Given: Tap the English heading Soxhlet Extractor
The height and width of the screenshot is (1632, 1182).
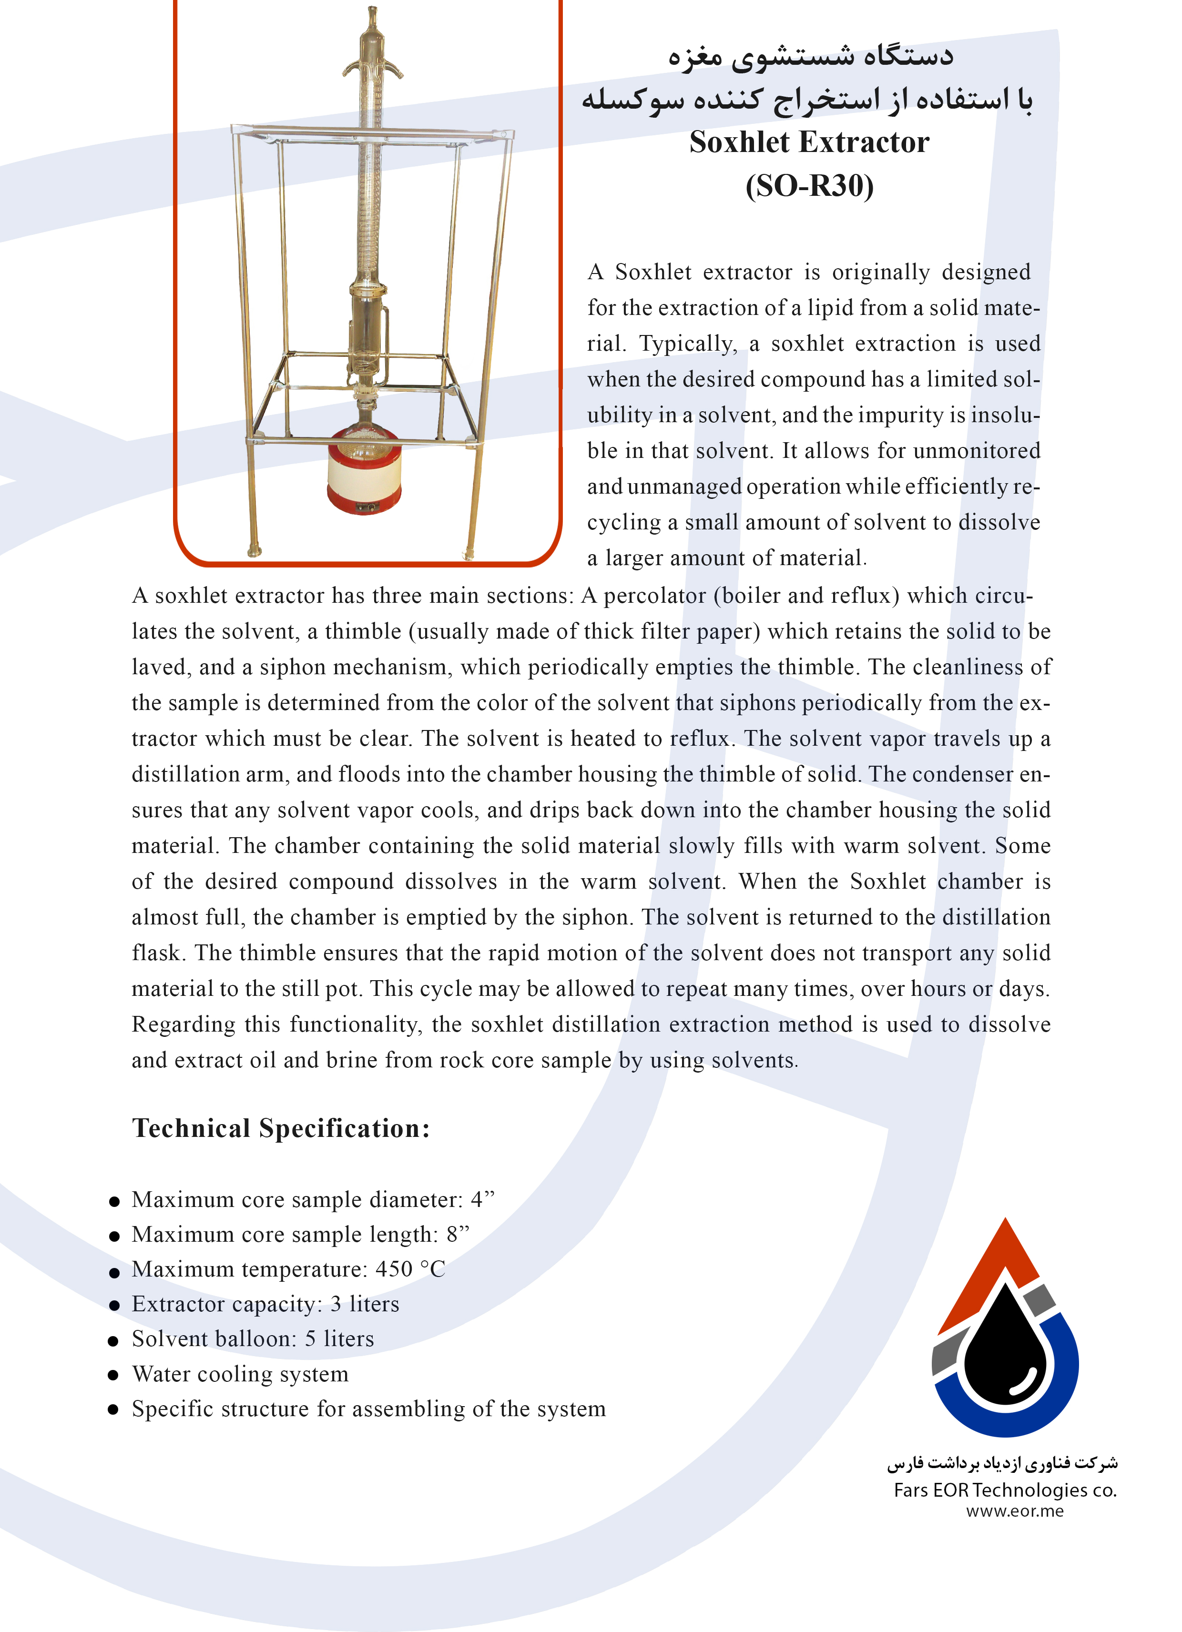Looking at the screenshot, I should pyautogui.click(x=809, y=142).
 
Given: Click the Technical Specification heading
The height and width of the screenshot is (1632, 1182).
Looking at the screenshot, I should pyautogui.click(x=281, y=1127).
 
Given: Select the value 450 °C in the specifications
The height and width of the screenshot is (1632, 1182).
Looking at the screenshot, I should pyautogui.click(x=410, y=1268).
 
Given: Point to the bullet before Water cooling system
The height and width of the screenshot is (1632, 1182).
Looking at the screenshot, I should pyautogui.click(x=113, y=1375).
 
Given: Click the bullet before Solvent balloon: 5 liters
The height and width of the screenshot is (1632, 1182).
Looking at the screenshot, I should pyautogui.click(x=113, y=1340).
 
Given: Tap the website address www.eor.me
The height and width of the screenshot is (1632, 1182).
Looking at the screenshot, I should pyautogui.click(x=1014, y=1510).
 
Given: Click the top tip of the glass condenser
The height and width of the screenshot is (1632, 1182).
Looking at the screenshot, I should pyautogui.click(x=372, y=11).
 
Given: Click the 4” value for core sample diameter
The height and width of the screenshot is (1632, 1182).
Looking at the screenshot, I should pyautogui.click(x=482, y=1199).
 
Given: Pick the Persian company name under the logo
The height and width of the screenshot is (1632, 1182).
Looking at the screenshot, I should pyautogui.click(x=1001, y=1463).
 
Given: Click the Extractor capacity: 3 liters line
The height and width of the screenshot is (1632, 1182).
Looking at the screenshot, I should pyautogui.click(x=265, y=1304).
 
